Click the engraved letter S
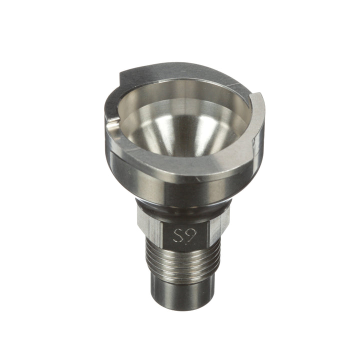coord(177,235)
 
